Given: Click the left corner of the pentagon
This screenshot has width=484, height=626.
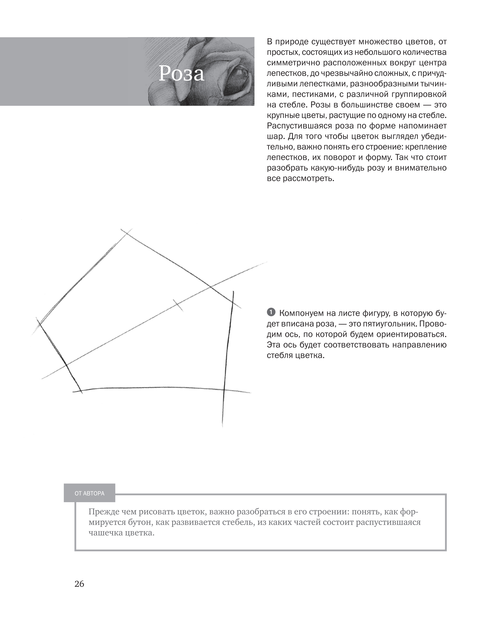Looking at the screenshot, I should pyautogui.click(x=39, y=324).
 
